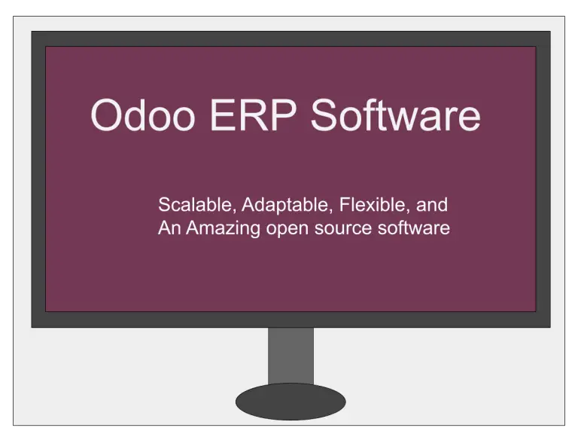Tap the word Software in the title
pyautogui.click(x=396, y=116)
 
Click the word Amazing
pyautogui.click(x=223, y=228)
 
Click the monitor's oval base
pyautogui.click(x=291, y=401)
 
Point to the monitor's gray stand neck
pyautogui.click(x=291, y=355)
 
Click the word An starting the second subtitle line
pyautogui.click(x=169, y=228)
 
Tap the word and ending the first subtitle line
pyautogui.click(x=434, y=204)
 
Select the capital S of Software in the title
pyautogui.click(x=324, y=116)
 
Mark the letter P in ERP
pyautogui.click(x=286, y=116)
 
